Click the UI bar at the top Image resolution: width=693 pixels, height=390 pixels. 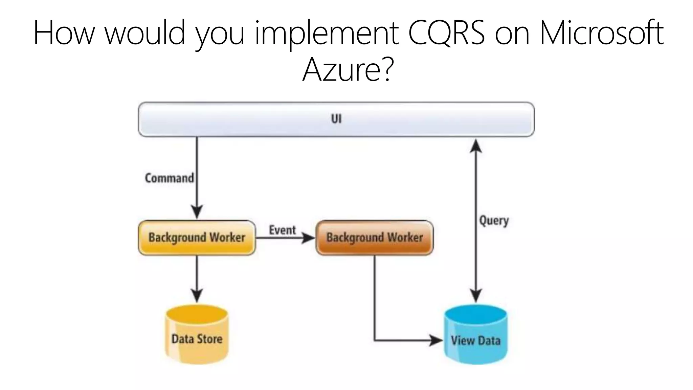pos(336,119)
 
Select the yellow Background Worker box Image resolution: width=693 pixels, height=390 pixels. pos(197,238)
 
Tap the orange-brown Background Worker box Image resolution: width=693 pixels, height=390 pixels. pos(374,238)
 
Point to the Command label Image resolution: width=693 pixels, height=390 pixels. pos(169,178)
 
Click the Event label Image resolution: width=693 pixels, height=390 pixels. pos(282,230)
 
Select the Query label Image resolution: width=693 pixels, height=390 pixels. pos(494,221)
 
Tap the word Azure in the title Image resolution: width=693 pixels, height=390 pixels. pos(342,69)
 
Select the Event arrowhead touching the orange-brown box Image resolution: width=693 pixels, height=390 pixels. pos(308,238)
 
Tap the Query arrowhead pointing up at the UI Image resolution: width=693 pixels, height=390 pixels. pos(476,146)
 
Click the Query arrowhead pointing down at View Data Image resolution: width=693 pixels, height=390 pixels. pos(476,295)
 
